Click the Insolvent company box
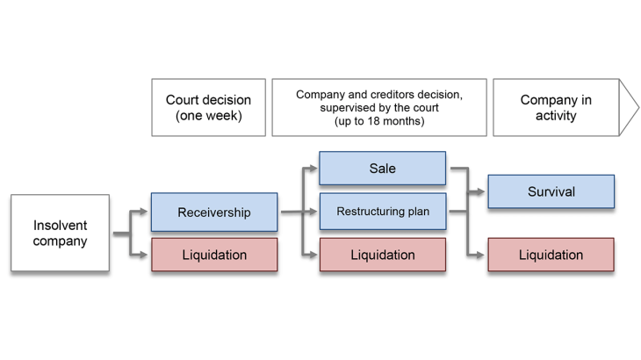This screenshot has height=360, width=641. [x=60, y=233]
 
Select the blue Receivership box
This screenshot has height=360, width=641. [x=214, y=212]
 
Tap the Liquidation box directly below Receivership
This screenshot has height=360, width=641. [x=214, y=255]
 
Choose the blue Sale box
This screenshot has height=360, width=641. [x=382, y=169]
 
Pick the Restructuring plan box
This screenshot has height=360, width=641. [x=382, y=211]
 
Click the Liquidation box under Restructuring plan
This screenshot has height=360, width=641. [x=382, y=255]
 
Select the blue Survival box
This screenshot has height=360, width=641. [x=551, y=191]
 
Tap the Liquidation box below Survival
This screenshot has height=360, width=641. [x=551, y=255]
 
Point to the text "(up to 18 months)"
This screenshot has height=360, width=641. [x=378, y=122]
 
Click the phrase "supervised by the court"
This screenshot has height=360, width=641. [x=378, y=108]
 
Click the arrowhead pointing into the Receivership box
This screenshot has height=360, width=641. [x=145, y=212]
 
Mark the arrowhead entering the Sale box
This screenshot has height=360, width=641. [x=313, y=169]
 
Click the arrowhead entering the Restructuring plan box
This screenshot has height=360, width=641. [x=313, y=212]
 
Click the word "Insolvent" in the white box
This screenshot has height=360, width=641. [x=60, y=225]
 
